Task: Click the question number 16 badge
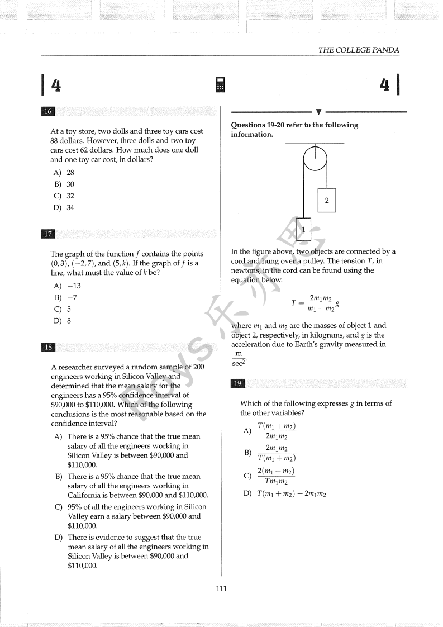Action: [x=47, y=111]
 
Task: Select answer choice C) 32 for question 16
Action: [x=64, y=196]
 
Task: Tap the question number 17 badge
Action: [x=47, y=234]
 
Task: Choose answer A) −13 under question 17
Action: [x=68, y=286]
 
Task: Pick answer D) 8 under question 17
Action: [x=63, y=321]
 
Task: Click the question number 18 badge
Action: [x=47, y=347]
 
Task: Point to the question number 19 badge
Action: [x=237, y=383]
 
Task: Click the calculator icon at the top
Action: [x=221, y=85]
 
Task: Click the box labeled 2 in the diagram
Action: [x=327, y=200]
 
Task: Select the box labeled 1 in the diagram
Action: [x=303, y=229]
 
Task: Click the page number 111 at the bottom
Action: [x=221, y=588]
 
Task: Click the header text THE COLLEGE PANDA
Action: [x=359, y=50]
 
